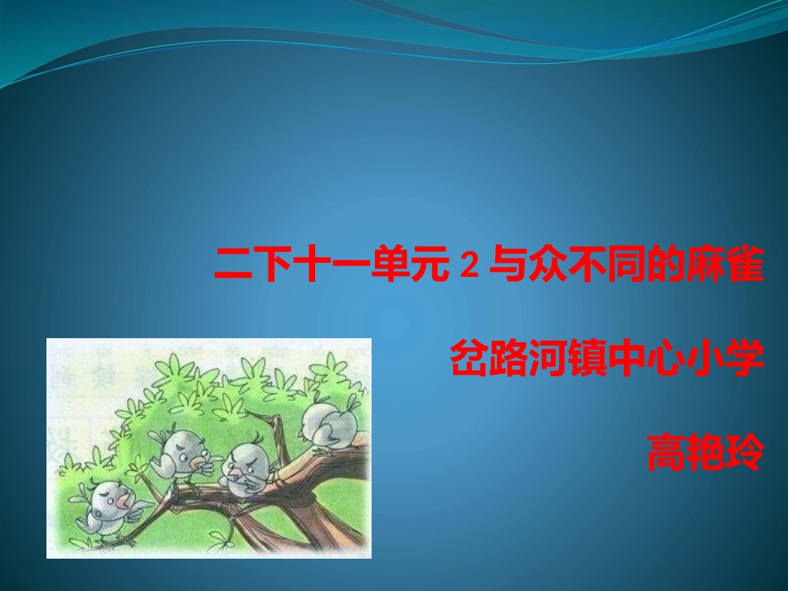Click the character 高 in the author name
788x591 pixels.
666,453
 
